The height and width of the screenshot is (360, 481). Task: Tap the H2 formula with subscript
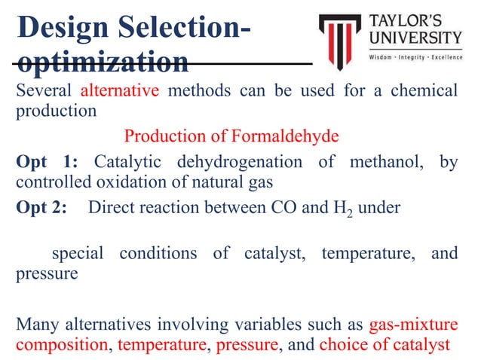coord(343,209)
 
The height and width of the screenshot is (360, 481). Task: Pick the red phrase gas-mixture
coord(413,325)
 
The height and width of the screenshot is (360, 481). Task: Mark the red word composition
coord(60,345)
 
